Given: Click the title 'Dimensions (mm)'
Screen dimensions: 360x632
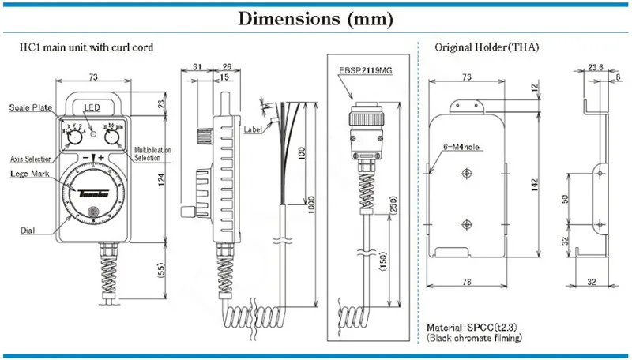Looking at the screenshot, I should pos(315,17).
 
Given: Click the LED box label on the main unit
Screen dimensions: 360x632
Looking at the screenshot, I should pos(93,107).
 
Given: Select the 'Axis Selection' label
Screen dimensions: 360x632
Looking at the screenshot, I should pos(32,158).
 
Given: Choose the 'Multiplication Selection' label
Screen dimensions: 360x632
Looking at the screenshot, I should pos(155,153).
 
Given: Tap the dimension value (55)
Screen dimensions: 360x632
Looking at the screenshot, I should pos(161,270).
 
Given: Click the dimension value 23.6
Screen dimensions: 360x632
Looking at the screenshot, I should pos(596,67).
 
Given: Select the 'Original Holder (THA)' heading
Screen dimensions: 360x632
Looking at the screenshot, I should pos(487,47).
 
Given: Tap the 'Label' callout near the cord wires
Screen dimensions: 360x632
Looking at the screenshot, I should pos(253,129).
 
